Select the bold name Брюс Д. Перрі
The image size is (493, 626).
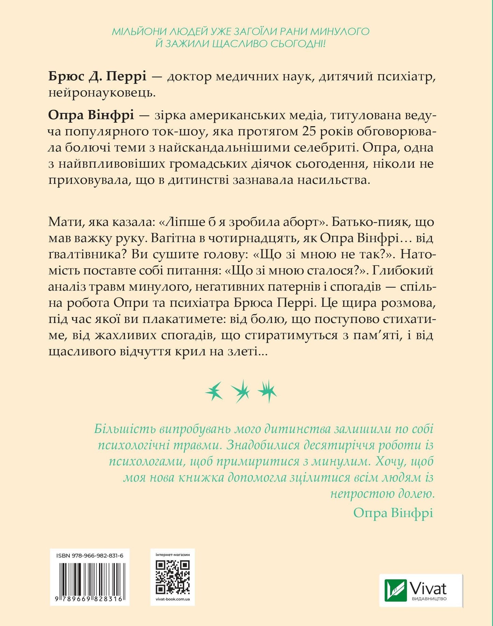pos(97,76)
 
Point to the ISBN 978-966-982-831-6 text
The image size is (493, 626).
pos(90,556)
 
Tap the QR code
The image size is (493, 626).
pos(172,577)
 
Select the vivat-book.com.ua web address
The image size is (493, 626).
pos(172,599)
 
